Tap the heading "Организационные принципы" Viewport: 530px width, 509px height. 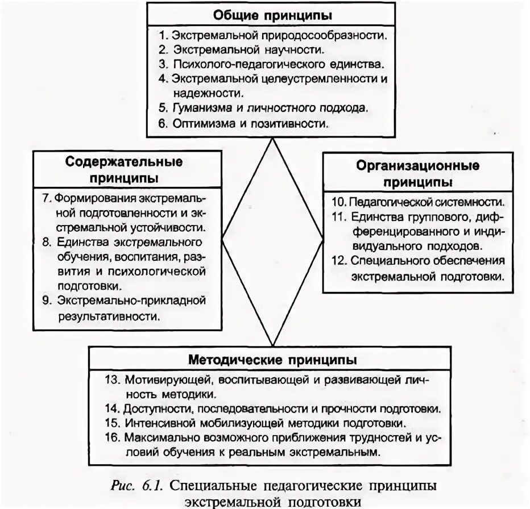(x=418, y=174)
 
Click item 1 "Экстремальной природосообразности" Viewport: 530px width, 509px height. (x=273, y=35)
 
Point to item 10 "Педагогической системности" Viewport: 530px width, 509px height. (x=419, y=202)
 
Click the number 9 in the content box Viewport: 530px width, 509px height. (x=46, y=299)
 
